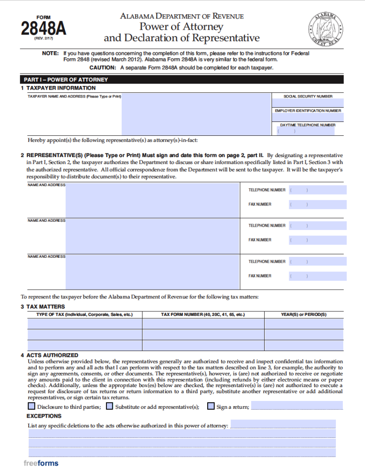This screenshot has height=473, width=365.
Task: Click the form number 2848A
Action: pos(43,28)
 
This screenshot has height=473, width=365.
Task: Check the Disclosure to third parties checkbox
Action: pos(31,406)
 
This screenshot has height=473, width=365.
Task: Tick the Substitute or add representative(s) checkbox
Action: pos(109,406)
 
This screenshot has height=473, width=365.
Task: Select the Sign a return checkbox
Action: pos(210,406)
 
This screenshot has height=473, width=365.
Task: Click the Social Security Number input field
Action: pos(308,103)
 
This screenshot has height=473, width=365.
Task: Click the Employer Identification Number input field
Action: pos(308,117)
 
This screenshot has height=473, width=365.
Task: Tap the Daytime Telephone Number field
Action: pos(308,131)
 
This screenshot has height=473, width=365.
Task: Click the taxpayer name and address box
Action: pos(196,114)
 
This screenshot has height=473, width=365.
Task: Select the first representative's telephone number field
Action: pos(317,190)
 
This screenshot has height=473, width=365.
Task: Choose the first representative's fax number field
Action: pos(317,204)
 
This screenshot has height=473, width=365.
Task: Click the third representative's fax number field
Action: pos(317,276)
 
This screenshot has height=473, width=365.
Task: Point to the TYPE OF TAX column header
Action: pos(85,315)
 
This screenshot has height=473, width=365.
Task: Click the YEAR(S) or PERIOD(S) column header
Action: pos(303,315)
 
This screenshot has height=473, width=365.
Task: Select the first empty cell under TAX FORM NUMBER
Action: pos(203,323)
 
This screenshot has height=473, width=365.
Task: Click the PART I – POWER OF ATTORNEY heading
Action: pos(66,79)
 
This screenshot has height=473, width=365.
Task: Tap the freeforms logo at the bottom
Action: pos(41,463)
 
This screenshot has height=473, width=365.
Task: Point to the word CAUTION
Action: pos(104,67)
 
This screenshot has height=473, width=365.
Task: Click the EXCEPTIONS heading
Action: pos(44,416)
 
